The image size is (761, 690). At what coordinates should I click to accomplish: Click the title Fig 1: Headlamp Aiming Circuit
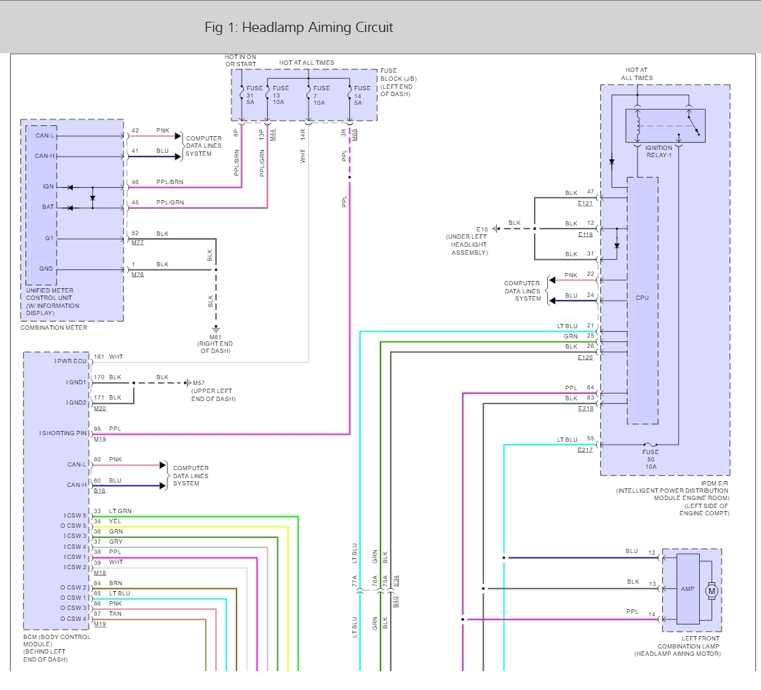pyautogui.click(x=298, y=27)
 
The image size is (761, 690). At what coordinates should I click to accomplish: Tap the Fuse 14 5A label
pyautogui.click(x=362, y=95)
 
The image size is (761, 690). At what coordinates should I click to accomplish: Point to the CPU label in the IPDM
pyautogui.click(x=642, y=298)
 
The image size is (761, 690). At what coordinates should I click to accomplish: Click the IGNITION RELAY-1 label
pyautogui.click(x=658, y=151)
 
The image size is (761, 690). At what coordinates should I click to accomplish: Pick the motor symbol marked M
pyautogui.click(x=712, y=591)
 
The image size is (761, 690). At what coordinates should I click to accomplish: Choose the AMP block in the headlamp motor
pyautogui.click(x=688, y=589)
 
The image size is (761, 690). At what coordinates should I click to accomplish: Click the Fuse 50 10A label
pyautogui.click(x=650, y=459)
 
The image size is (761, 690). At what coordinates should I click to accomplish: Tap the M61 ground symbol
pyautogui.click(x=216, y=328)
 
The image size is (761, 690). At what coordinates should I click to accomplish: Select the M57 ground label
pyautogui.click(x=199, y=383)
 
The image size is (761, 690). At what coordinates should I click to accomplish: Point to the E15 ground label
pyautogui.click(x=482, y=229)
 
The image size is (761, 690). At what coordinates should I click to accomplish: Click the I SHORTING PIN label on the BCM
pyautogui.click(x=63, y=433)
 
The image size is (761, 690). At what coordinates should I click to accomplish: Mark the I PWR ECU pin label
pyautogui.click(x=71, y=361)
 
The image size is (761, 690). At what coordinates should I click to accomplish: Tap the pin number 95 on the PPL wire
pyautogui.click(x=97, y=429)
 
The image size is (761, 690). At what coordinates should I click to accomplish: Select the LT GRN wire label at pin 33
pyautogui.click(x=120, y=511)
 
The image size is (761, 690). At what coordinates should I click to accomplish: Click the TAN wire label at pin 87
pyautogui.click(x=115, y=614)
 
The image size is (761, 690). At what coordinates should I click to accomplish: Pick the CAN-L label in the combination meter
pyautogui.click(x=44, y=135)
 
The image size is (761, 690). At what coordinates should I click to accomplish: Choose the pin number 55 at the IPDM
pyautogui.click(x=590, y=438)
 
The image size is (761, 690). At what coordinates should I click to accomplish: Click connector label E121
pyautogui.click(x=585, y=203)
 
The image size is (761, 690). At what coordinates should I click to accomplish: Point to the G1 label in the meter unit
pyautogui.click(x=49, y=238)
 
